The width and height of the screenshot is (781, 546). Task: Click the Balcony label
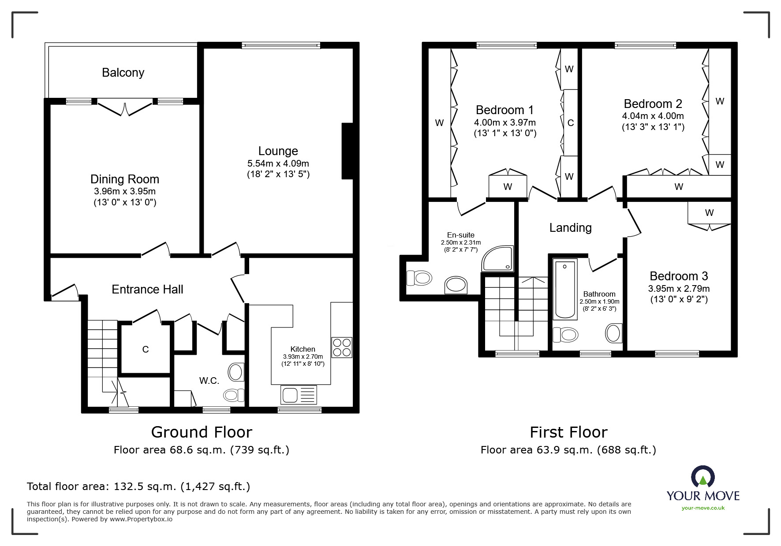tap(123, 73)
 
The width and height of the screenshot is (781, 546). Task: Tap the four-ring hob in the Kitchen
tap(342, 347)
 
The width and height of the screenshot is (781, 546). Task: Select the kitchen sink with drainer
tap(299, 394)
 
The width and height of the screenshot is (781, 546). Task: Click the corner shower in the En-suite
tap(498, 258)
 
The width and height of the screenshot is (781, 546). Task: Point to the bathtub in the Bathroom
tap(565, 289)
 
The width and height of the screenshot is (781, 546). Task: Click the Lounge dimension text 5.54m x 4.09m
tap(278, 163)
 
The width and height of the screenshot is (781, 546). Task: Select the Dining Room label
tap(125, 179)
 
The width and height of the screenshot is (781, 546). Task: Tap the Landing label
tap(570, 228)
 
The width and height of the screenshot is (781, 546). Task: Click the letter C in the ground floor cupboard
tap(146, 349)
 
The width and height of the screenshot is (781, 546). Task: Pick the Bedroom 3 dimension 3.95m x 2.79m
tap(679, 289)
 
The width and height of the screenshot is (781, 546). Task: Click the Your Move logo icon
tap(703, 477)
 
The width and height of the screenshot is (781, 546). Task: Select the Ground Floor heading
tap(202, 432)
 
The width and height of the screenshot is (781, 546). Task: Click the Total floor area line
tap(138, 487)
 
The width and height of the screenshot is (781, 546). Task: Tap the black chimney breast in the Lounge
tap(348, 151)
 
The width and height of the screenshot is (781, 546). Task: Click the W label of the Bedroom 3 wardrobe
tap(709, 213)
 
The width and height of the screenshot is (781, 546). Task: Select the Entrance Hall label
tap(147, 290)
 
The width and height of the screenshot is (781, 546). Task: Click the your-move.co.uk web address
tap(703, 508)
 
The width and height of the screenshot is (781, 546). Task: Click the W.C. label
tap(209, 381)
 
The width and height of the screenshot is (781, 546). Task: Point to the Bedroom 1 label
tap(505, 110)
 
